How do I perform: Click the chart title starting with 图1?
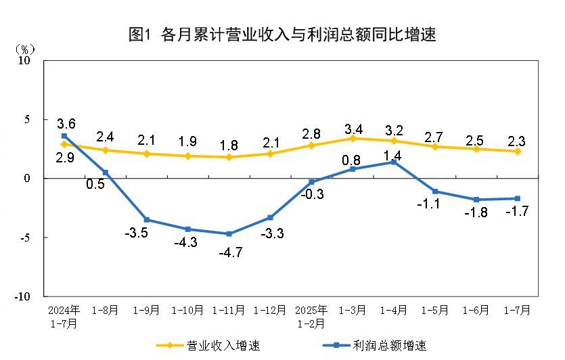[x=282, y=35]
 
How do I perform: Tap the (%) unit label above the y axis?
[x=25, y=49]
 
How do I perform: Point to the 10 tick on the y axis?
[x=25, y=60]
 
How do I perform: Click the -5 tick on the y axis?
[x=25, y=238]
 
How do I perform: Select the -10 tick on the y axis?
[x=23, y=296]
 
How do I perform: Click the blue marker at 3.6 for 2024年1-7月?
[x=64, y=136]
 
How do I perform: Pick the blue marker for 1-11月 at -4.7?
[x=229, y=234]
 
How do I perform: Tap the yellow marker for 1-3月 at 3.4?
[x=353, y=138]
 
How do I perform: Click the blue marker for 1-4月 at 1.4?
[x=394, y=162]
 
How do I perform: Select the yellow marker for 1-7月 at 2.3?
[x=518, y=151]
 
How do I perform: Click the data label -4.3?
[x=185, y=242]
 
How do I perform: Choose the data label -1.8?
[x=476, y=212]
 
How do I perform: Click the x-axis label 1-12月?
[x=270, y=311]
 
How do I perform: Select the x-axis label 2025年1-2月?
[x=311, y=316]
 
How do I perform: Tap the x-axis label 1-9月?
[x=146, y=311]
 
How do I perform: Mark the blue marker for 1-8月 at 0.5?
[x=106, y=173]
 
